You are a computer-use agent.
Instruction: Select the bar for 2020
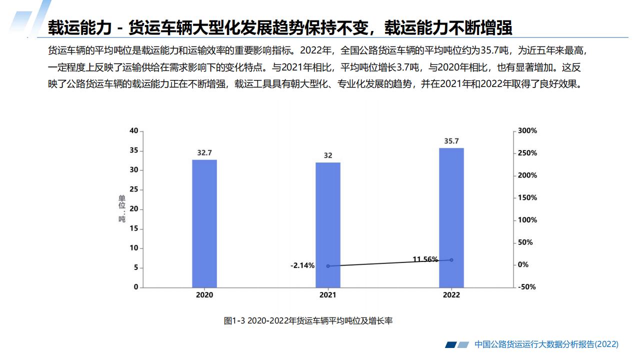point(204,223)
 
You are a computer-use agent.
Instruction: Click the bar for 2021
point(328,225)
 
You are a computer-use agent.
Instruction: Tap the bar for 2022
point(451,217)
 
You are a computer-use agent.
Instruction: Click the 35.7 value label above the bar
point(451,141)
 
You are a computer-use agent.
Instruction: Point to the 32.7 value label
point(204,153)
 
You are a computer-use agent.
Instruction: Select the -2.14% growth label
point(302,265)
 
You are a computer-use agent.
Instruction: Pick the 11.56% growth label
point(425,259)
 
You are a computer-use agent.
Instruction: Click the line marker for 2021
point(328,266)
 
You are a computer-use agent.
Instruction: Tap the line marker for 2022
point(451,260)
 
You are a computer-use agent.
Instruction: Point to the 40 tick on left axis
point(133,131)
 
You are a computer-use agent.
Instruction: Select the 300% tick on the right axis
point(527,131)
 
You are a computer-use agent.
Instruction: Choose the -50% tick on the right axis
point(527,287)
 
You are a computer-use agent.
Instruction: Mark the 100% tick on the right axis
point(527,220)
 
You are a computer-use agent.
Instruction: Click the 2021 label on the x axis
point(328,295)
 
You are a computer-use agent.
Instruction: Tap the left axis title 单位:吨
point(121,209)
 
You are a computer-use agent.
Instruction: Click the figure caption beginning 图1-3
point(308,321)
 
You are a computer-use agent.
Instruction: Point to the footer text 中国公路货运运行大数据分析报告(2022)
point(546,344)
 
